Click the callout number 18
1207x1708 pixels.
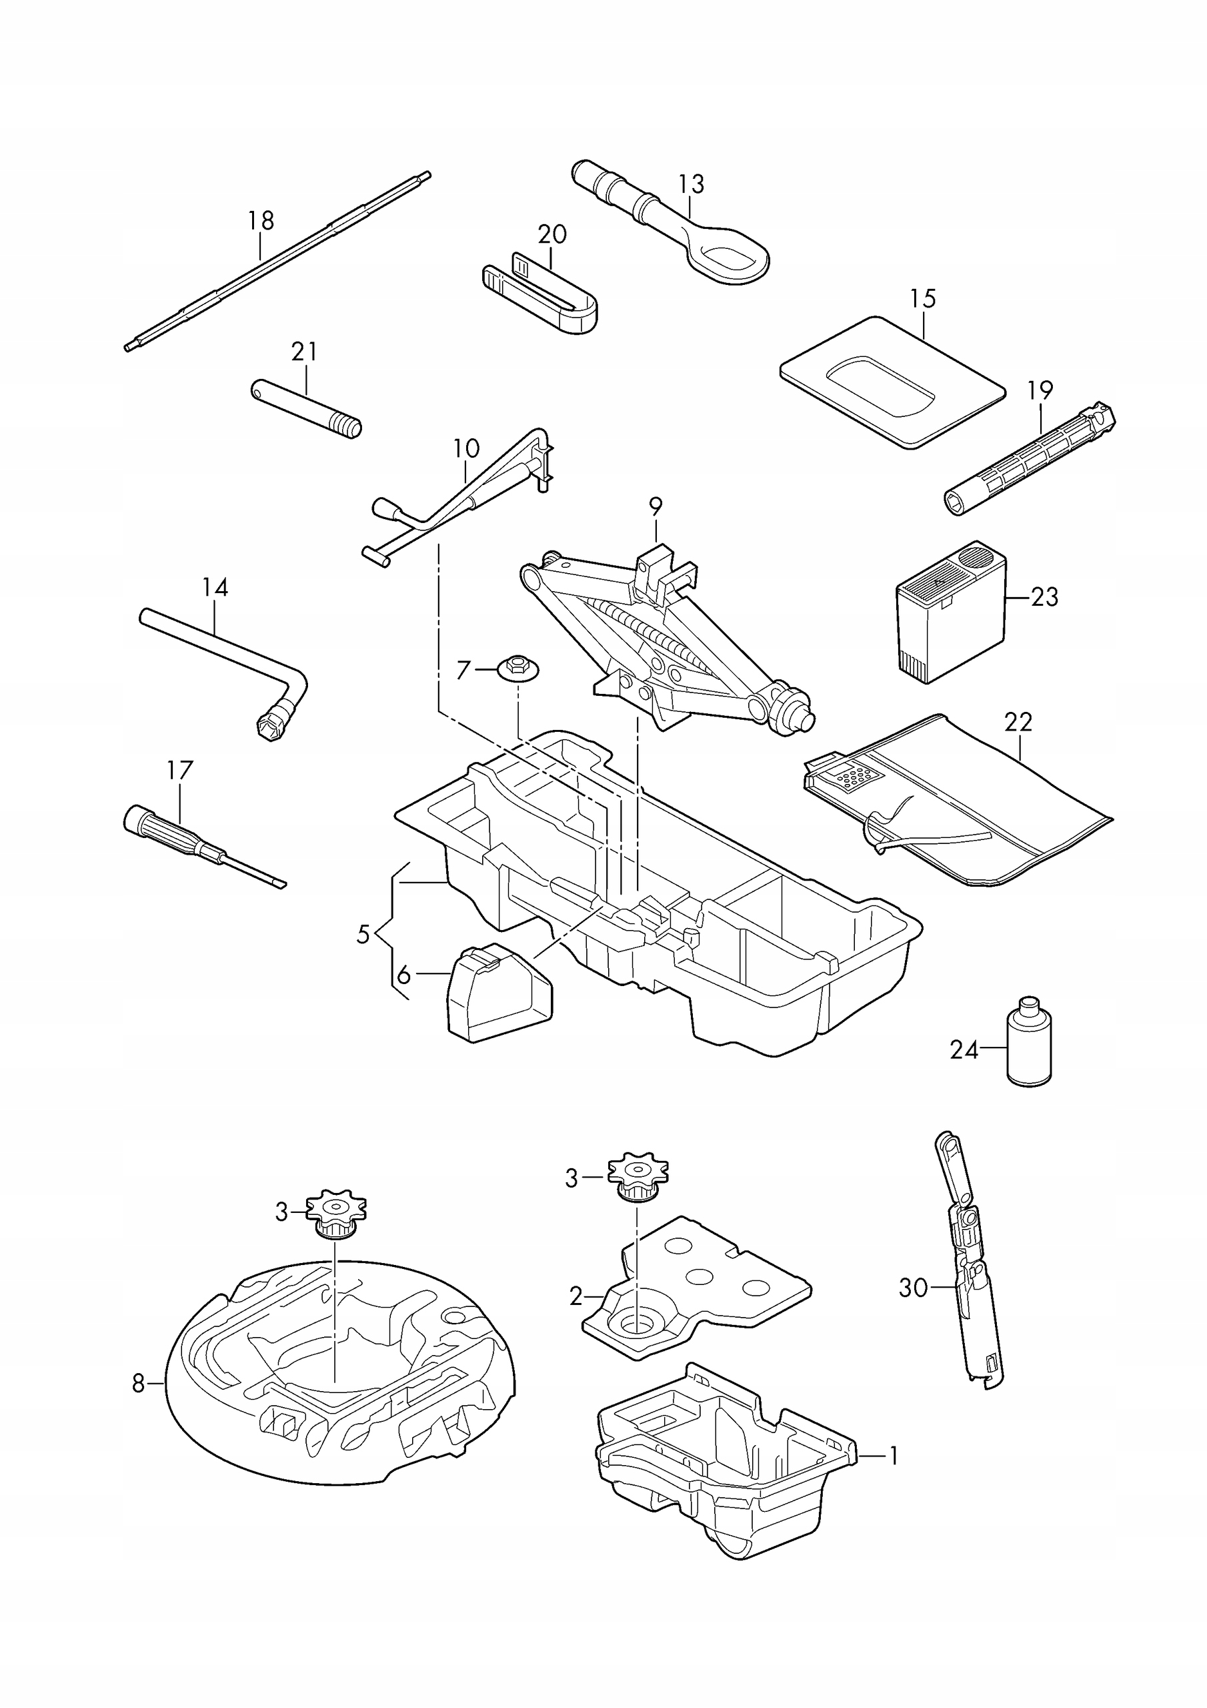[260, 220]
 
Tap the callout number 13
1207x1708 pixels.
[691, 183]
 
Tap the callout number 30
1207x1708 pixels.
[914, 1288]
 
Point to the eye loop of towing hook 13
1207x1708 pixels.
[732, 257]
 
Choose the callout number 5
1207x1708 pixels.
[362, 933]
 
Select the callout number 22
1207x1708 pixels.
[1018, 722]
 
